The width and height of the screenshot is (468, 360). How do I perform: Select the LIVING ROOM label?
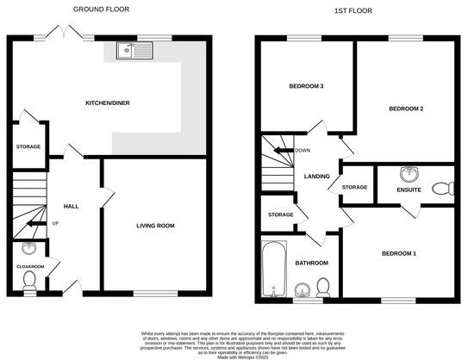coord(155,226)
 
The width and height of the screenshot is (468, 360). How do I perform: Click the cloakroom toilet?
coord(28,279)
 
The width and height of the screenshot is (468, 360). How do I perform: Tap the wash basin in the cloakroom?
coord(28,250)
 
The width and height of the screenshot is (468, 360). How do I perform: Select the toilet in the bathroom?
coord(322,286)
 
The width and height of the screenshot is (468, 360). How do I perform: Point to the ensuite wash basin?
coord(409,171)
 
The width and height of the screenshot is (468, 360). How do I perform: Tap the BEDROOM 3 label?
coord(305,86)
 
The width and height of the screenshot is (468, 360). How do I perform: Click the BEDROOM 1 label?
coord(400,253)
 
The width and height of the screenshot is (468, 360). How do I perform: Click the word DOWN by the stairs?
coord(303,150)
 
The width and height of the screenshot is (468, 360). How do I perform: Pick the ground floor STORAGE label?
coord(28,147)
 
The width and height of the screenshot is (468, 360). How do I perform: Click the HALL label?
coord(71,207)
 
